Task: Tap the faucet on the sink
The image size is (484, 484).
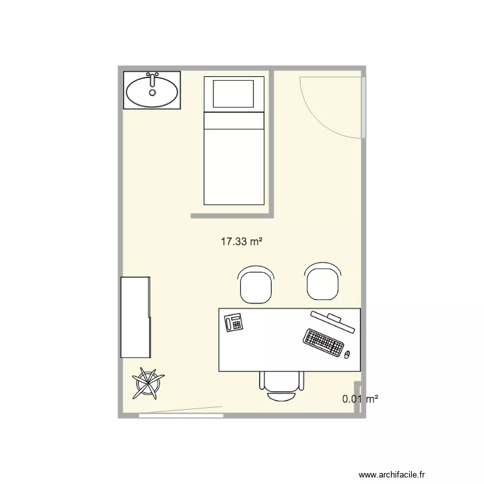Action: [x=153, y=80]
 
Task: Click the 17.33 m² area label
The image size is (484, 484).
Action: [x=241, y=242]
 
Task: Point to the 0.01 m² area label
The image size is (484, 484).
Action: [x=360, y=399]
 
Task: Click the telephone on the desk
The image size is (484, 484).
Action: [x=233, y=321]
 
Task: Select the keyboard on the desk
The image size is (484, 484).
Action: [x=324, y=342]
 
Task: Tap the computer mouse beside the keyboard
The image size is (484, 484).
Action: [x=347, y=354]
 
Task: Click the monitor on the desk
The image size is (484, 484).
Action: [x=332, y=321]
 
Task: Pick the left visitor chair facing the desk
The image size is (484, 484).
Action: [x=256, y=285]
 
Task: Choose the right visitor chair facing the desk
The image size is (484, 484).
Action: [x=322, y=283]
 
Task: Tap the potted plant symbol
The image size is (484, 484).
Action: [x=147, y=383]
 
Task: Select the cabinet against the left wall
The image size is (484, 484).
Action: [x=136, y=317]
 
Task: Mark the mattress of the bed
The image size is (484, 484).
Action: [x=234, y=158]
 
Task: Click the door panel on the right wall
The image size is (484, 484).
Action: [x=364, y=106]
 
